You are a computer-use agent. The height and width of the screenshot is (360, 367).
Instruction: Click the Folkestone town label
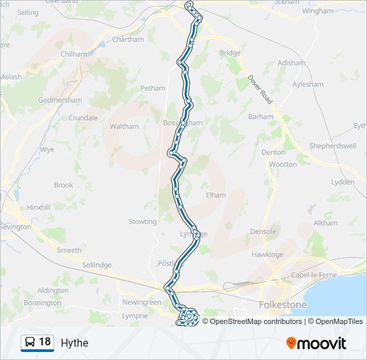(282, 305)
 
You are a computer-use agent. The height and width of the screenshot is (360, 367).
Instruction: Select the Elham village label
(216, 195)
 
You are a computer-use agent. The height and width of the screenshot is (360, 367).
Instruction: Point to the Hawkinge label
(267, 255)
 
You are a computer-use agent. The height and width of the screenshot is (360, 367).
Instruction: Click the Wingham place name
(317, 11)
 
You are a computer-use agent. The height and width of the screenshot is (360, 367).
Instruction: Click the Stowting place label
(142, 221)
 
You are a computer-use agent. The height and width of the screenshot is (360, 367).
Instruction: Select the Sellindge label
(97, 265)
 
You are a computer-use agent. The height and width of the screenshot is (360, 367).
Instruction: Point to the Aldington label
(53, 291)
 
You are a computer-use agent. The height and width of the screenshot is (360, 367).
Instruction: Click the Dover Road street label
(260, 88)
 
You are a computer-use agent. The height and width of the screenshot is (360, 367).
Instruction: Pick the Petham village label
(152, 88)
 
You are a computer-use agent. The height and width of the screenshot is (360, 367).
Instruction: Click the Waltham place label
(124, 126)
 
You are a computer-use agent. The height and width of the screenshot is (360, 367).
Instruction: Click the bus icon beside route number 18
(30, 343)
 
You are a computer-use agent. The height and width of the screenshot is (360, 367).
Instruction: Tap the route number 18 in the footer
(45, 342)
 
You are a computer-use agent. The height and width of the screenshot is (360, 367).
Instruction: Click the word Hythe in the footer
(74, 343)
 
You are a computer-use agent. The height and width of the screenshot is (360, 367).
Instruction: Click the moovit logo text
(322, 343)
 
